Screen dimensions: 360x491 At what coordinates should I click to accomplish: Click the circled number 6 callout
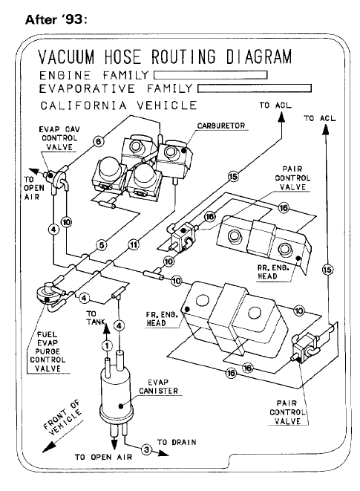click(98, 142)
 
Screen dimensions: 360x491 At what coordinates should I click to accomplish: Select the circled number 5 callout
click(102, 245)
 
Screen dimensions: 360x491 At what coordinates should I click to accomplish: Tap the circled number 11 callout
click(134, 244)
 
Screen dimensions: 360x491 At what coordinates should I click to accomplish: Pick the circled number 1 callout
click(107, 346)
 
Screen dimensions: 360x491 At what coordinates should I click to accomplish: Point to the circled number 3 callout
click(146, 450)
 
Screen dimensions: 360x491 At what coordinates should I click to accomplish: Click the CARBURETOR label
click(221, 126)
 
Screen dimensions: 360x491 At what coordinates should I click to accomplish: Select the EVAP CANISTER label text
click(158, 387)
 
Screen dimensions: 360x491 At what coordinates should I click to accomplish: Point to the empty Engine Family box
click(210, 75)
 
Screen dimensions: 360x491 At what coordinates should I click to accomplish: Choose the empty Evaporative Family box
click(255, 88)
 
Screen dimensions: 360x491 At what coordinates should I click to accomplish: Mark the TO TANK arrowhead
click(106, 328)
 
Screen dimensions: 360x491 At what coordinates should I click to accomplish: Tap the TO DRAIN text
click(177, 442)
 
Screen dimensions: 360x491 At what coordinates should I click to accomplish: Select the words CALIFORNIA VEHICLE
click(119, 105)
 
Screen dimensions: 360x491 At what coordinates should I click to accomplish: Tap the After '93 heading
click(56, 19)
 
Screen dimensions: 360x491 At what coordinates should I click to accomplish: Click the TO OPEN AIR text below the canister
click(103, 457)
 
